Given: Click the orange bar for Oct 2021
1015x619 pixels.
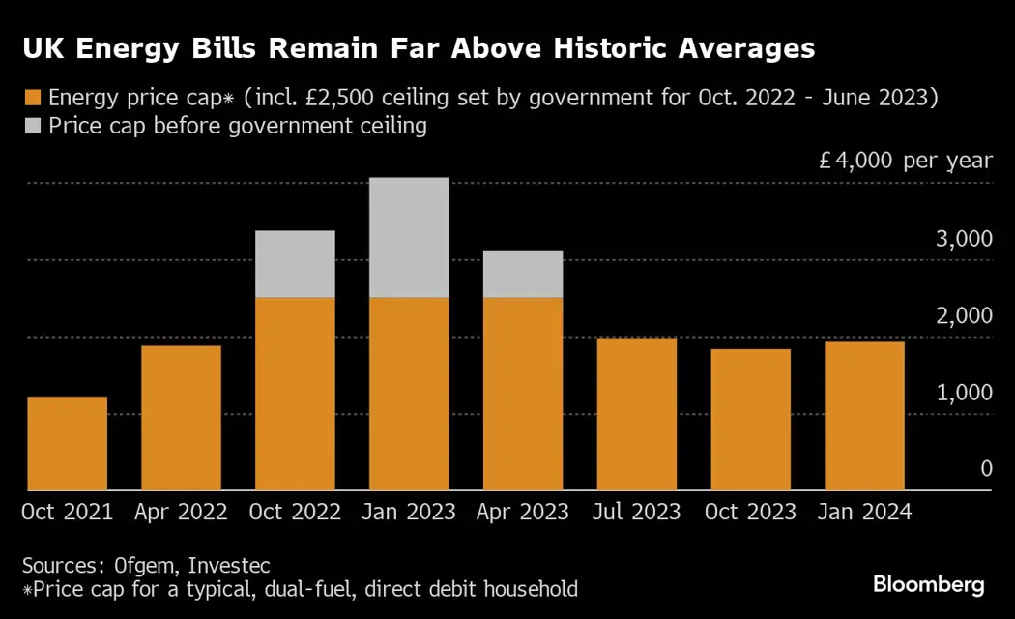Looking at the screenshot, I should (68, 444).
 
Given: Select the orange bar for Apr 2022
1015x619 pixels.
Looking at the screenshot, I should (182, 418).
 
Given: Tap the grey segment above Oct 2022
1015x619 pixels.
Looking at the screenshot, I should (295, 264).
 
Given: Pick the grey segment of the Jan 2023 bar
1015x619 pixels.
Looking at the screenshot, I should (409, 237).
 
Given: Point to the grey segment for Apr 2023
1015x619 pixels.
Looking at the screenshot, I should (523, 274).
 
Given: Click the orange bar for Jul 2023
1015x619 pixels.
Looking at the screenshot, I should (637, 414).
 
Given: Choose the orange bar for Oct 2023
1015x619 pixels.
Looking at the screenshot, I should (751, 420).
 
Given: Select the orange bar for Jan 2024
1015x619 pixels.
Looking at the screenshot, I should (864, 416).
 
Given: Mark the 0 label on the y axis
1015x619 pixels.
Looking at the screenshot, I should (986, 469).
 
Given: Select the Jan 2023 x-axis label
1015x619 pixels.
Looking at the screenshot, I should (409, 513).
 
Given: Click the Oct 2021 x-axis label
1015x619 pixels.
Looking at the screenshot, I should (68, 513).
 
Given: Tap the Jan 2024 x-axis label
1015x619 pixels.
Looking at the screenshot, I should (864, 513).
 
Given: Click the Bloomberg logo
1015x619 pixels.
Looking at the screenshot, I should (929, 584).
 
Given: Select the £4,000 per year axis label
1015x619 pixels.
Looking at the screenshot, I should (905, 161).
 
